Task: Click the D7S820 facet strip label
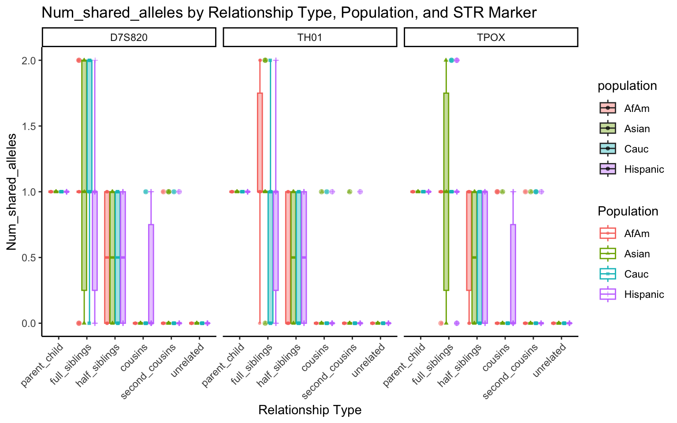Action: [x=129, y=37]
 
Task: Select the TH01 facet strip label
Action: [x=310, y=37]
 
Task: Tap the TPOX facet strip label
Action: [x=491, y=37]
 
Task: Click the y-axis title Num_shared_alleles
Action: [x=12, y=192]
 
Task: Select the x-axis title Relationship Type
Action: [x=310, y=410]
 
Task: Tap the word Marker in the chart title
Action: [x=514, y=13]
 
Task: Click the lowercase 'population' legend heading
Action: [x=627, y=86]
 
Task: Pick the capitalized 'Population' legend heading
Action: [x=628, y=211]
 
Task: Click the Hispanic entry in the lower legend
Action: [x=644, y=294]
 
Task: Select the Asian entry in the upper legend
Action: [x=637, y=129]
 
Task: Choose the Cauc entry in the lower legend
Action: [x=636, y=274]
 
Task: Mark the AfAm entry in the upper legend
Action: [x=636, y=108]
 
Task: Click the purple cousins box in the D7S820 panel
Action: [x=151, y=273]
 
